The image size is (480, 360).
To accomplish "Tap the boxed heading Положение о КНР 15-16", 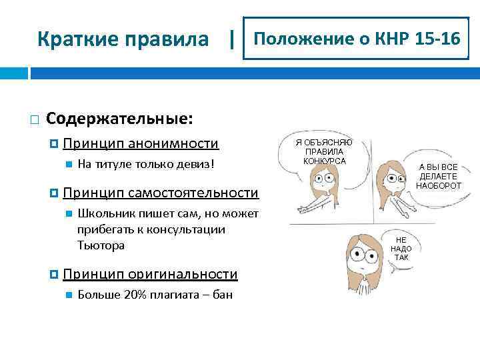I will click(x=357, y=39).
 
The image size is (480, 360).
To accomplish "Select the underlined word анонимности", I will click(x=173, y=143).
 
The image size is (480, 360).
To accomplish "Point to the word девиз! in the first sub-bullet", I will click(x=197, y=163).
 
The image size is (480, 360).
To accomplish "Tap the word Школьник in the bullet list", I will click(x=103, y=213).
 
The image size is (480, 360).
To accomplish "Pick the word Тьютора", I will click(x=101, y=245).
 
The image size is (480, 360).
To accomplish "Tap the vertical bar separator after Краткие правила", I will click(x=231, y=39).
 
